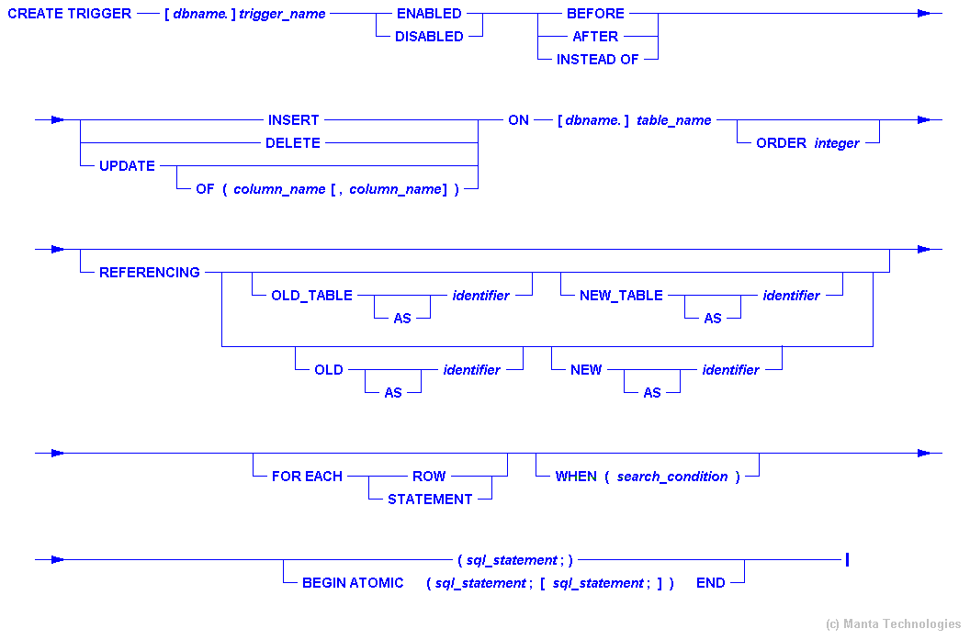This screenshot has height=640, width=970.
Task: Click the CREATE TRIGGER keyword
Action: tap(70, 14)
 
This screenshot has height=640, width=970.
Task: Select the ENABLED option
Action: tap(429, 14)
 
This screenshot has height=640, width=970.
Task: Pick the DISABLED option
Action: tap(429, 37)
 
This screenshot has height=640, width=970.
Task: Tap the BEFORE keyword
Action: tap(595, 14)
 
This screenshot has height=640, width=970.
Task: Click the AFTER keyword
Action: tap(595, 37)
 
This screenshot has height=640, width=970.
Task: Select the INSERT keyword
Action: tap(294, 120)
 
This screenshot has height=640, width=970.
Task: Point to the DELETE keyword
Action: tap(293, 143)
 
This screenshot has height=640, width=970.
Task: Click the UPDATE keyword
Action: tap(127, 166)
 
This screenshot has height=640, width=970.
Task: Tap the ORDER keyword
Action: tap(781, 143)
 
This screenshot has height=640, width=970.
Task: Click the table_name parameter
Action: tap(674, 120)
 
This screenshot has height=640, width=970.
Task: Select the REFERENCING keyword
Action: tap(150, 273)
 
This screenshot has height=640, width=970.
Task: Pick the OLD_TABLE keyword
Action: tap(311, 296)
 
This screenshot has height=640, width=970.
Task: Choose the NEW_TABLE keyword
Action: tap(621, 296)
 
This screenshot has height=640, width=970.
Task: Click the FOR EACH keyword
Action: tap(307, 477)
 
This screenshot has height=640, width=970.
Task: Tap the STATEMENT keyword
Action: tap(430, 500)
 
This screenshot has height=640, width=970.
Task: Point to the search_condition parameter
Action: tap(672, 477)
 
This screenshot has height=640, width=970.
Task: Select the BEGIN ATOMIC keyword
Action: tap(353, 583)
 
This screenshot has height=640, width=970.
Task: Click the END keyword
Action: tap(710, 583)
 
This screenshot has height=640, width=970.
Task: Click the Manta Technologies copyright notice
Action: tap(894, 623)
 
